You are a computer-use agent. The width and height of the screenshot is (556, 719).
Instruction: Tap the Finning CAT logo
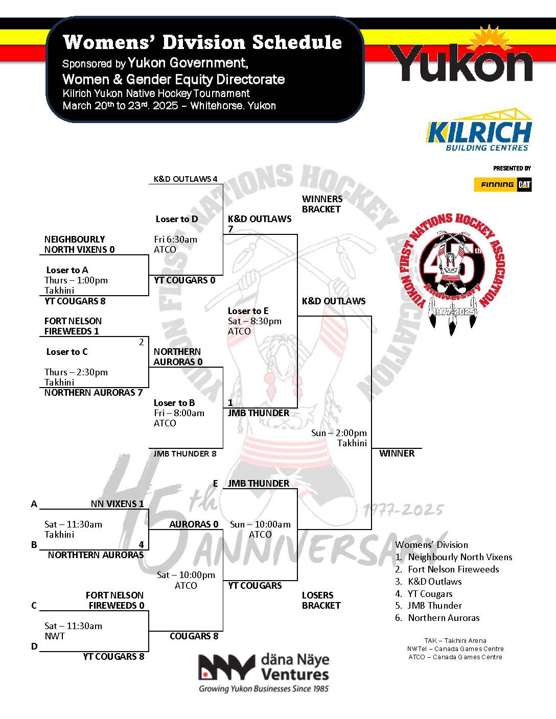[x=502, y=184]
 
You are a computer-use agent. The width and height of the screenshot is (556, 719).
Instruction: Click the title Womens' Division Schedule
[x=202, y=42]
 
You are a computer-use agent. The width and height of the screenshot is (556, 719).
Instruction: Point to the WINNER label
[x=397, y=453]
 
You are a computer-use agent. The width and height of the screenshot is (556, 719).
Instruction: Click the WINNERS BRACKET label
[x=322, y=204]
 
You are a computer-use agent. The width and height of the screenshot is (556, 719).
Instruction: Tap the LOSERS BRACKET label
[x=321, y=600]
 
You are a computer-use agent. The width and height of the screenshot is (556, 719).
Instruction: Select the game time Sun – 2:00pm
[x=339, y=433]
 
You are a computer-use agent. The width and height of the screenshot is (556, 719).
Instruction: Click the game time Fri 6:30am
[x=175, y=239]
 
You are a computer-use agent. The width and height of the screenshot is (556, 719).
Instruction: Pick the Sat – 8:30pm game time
[x=254, y=321]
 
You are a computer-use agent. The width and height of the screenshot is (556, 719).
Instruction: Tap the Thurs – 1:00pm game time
[x=76, y=280]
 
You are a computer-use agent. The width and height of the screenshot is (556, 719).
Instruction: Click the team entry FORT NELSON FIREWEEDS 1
[x=73, y=326]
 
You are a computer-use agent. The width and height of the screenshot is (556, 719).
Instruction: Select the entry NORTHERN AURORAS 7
[x=93, y=393]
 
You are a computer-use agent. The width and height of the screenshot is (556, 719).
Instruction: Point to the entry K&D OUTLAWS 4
[x=186, y=179]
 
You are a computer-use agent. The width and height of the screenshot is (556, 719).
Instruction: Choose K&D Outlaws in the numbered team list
[x=434, y=582]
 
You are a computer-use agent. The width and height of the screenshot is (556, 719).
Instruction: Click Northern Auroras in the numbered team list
[x=443, y=618]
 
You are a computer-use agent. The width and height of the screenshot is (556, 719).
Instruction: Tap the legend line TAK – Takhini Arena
[x=455, y=640]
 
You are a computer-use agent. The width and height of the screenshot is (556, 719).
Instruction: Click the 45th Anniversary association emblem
[x=450, y=266]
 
